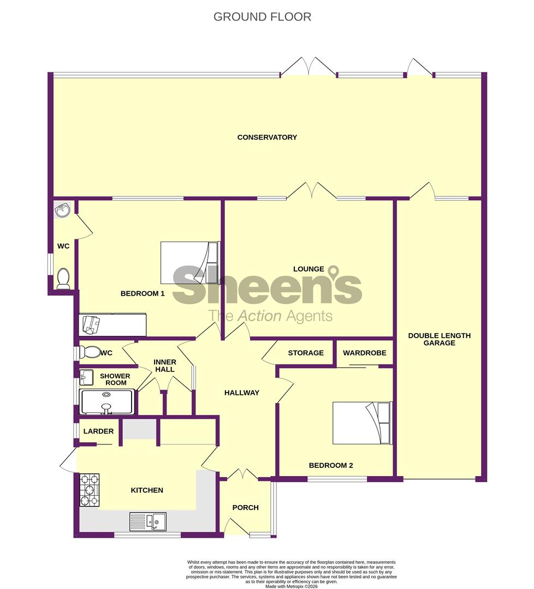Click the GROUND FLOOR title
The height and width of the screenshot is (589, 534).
262,16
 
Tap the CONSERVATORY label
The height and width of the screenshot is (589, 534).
267,137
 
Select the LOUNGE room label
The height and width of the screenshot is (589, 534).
308,269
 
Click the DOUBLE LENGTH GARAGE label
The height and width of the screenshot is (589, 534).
439,339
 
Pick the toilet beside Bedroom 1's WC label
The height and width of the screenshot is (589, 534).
63,279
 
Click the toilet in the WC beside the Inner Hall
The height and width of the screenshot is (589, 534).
89,352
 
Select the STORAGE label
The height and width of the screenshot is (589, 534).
306,353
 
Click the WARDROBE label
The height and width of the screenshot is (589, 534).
364,353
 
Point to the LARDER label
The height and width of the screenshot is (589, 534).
98,431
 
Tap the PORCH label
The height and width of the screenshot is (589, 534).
245,508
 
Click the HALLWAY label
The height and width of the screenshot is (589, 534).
242,393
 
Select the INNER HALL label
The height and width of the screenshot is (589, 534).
164,365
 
